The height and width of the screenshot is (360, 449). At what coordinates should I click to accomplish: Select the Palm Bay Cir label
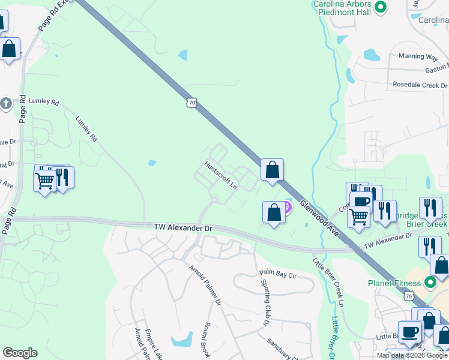(x=279, y=274)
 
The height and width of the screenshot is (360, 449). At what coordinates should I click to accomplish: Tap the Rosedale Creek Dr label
(x=418, y=85)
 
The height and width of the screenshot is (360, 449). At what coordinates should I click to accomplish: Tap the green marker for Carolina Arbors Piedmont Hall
(x=379, y=7)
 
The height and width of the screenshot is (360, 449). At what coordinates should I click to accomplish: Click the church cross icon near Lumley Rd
(x=5, y=103)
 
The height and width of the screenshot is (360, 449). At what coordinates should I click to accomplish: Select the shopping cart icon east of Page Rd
(x=45, y=179)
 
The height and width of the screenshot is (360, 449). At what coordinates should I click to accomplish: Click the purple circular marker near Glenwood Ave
(x=286, y=208)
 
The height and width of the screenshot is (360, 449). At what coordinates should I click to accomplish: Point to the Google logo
(x=20, y=353)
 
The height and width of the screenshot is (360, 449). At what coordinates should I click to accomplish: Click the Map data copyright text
(x=412, y=355)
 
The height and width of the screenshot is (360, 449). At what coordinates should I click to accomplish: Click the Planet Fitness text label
(x=394, y=283)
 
